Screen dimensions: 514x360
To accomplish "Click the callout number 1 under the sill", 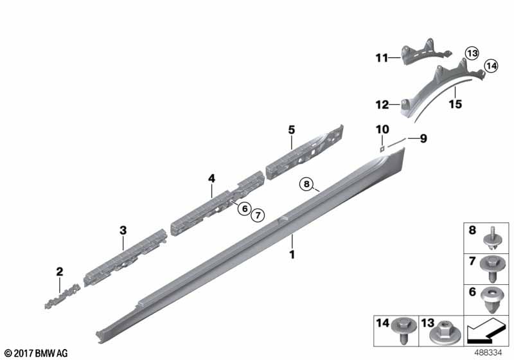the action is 292,254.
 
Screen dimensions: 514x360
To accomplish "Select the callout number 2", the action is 59,272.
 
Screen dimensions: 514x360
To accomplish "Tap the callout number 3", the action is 123,231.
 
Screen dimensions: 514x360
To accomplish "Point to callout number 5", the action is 292,130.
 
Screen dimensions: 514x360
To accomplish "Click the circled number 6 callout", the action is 245,208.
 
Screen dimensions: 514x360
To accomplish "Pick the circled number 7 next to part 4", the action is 258,215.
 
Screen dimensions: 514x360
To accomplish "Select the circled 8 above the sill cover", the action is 306,184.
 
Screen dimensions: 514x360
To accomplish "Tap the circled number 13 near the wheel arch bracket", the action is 472,53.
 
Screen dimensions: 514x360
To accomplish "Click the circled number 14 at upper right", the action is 491,66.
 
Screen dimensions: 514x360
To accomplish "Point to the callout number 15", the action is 456,104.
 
